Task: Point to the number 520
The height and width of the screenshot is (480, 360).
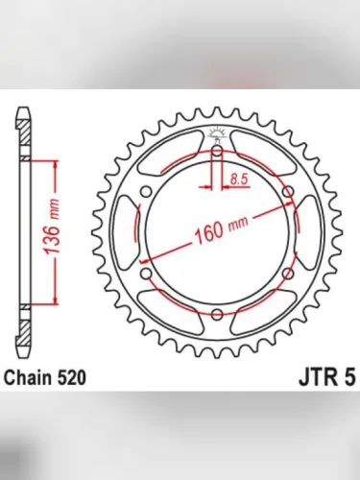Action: (x=74, y=377)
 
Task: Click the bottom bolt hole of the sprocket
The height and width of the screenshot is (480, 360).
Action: (x=218, y=315)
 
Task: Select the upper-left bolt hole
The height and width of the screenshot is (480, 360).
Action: (x=147, y=193)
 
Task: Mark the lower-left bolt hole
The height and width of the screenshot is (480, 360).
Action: (x=147, y=275)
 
